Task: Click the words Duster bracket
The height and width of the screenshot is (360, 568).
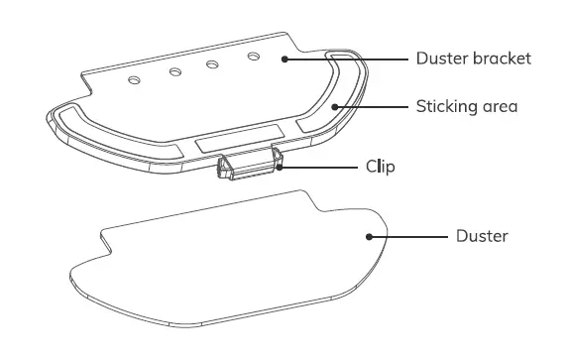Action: click(473, 59)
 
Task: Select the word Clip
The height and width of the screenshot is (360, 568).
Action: click(380, 167)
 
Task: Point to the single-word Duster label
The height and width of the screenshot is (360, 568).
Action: click(482, 236)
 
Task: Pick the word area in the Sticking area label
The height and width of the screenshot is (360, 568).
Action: click(501, 105)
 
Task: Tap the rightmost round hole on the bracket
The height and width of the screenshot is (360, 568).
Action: click(252, 59)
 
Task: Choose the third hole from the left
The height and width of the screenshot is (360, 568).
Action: click(212, 64)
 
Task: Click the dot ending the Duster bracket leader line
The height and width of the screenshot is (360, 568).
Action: click(284, 59)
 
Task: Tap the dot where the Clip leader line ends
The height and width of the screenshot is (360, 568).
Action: click(281, 167)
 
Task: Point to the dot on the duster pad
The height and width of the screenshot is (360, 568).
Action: click(370, 236)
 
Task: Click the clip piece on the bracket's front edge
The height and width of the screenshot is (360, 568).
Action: click(248, 167)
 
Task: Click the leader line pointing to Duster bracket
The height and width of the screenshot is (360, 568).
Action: click(347, 59)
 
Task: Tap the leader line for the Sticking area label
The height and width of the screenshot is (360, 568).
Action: click(373, 105)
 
